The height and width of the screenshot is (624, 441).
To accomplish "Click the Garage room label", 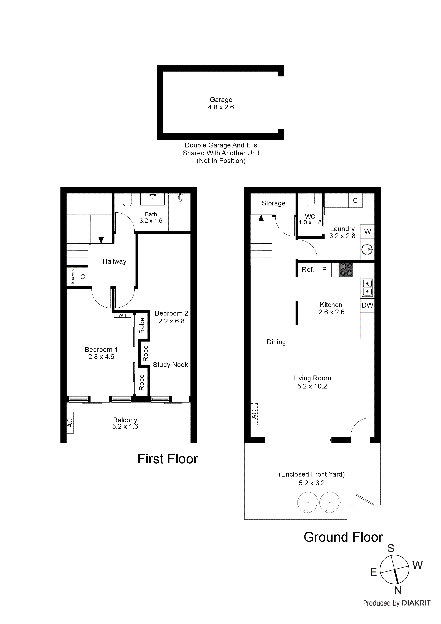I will (x=221, y=100).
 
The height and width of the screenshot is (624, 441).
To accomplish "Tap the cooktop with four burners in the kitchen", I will (x=346, y=270).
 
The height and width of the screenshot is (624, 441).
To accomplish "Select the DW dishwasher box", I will (x=367, y=305).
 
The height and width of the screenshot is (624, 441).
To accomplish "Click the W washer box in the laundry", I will (x=367, y=232).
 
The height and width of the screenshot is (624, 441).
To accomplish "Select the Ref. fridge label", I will (x=308, y=270).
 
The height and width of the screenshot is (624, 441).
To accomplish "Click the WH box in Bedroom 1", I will (x=122, y=315).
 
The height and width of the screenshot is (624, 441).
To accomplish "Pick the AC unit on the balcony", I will (x=70, y=423).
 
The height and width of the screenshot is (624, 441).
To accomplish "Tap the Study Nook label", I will (x=170, y=365).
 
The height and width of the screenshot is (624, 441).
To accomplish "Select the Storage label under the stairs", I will (x=273, y=203).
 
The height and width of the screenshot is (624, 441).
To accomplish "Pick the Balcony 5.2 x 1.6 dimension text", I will (x=125, y=426).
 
